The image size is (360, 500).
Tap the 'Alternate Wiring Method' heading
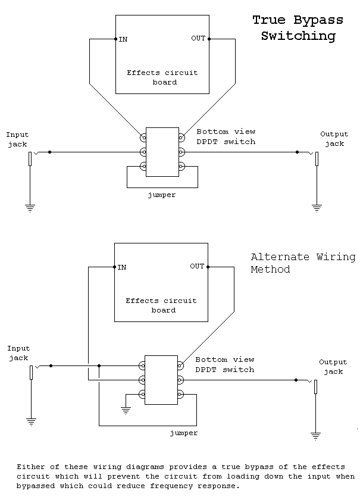(x=303, y=263)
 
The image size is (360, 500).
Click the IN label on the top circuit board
(x=123, y=39)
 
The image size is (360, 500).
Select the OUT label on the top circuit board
(x=198, y=39)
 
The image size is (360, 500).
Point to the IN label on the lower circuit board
(x=121, y=267)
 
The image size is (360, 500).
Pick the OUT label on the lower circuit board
(x=197, y=266)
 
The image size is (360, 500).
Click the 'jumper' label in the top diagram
(x=161, y=195)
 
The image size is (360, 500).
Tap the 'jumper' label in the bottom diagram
(x=183, y=433)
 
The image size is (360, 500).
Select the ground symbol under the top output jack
(x=317, y=208)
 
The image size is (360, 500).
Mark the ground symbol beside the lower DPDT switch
(x=126, y=410)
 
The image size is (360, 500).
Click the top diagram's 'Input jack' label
(x=18, y=139)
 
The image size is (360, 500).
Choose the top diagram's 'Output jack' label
(x=334, y=139)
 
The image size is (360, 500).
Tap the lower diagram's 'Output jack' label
(x=333, y=367)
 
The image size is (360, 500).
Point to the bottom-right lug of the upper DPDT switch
(x=181, y=166)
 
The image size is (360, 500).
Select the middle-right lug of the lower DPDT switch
(x=181, y=380)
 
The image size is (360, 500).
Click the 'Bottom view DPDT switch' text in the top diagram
(x=226, y=136)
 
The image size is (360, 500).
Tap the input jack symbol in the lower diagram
(x=32, y=372)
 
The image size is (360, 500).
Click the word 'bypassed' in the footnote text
(x=36, y=486)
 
